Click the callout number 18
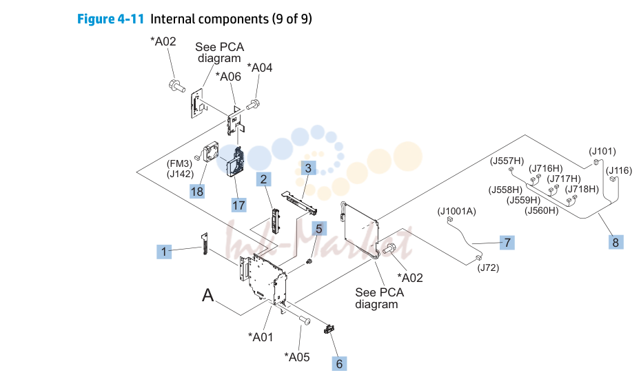[196, 192]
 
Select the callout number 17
[238, 205]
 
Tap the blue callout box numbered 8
[615, 242]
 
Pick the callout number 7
[507, 243]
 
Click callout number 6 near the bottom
[339, 363]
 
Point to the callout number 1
[164, 252]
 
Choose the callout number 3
[308, 168]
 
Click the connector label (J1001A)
[457, 211]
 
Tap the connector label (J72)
[488, 268]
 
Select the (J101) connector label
[602, 151]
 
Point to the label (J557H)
[507, 161]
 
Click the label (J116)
[619, 170]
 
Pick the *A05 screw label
[297, 357]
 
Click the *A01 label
[261, 337]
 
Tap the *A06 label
[228, 77]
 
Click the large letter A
[208, 295]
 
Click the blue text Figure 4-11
[110, 19]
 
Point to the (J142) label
[181, 174]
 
